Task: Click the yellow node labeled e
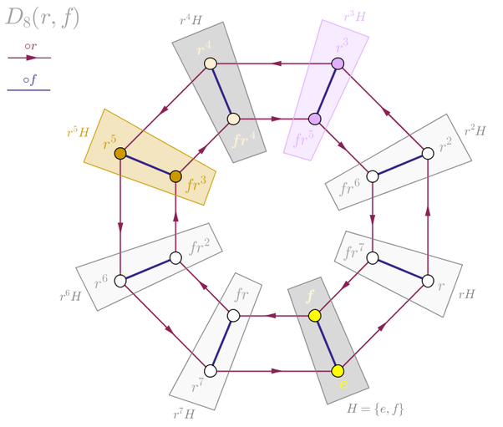point(338,370)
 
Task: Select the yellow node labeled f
point(314,315)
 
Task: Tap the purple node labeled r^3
point(338,64)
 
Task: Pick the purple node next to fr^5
point(314,119)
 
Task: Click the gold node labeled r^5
point(120,153)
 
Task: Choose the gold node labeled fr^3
point(175,176)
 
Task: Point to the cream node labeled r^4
point(211,64)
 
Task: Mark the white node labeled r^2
point(428,153)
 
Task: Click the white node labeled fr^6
point(373,176)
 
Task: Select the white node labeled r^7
point(211,370)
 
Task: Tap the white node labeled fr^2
point(175,257)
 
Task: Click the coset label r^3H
point(355,16)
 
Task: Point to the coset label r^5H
point(78,132)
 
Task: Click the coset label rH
point(466,293)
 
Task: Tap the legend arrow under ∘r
point(29,58)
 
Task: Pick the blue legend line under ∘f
point(29,89)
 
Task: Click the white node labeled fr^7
point(373,257)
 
